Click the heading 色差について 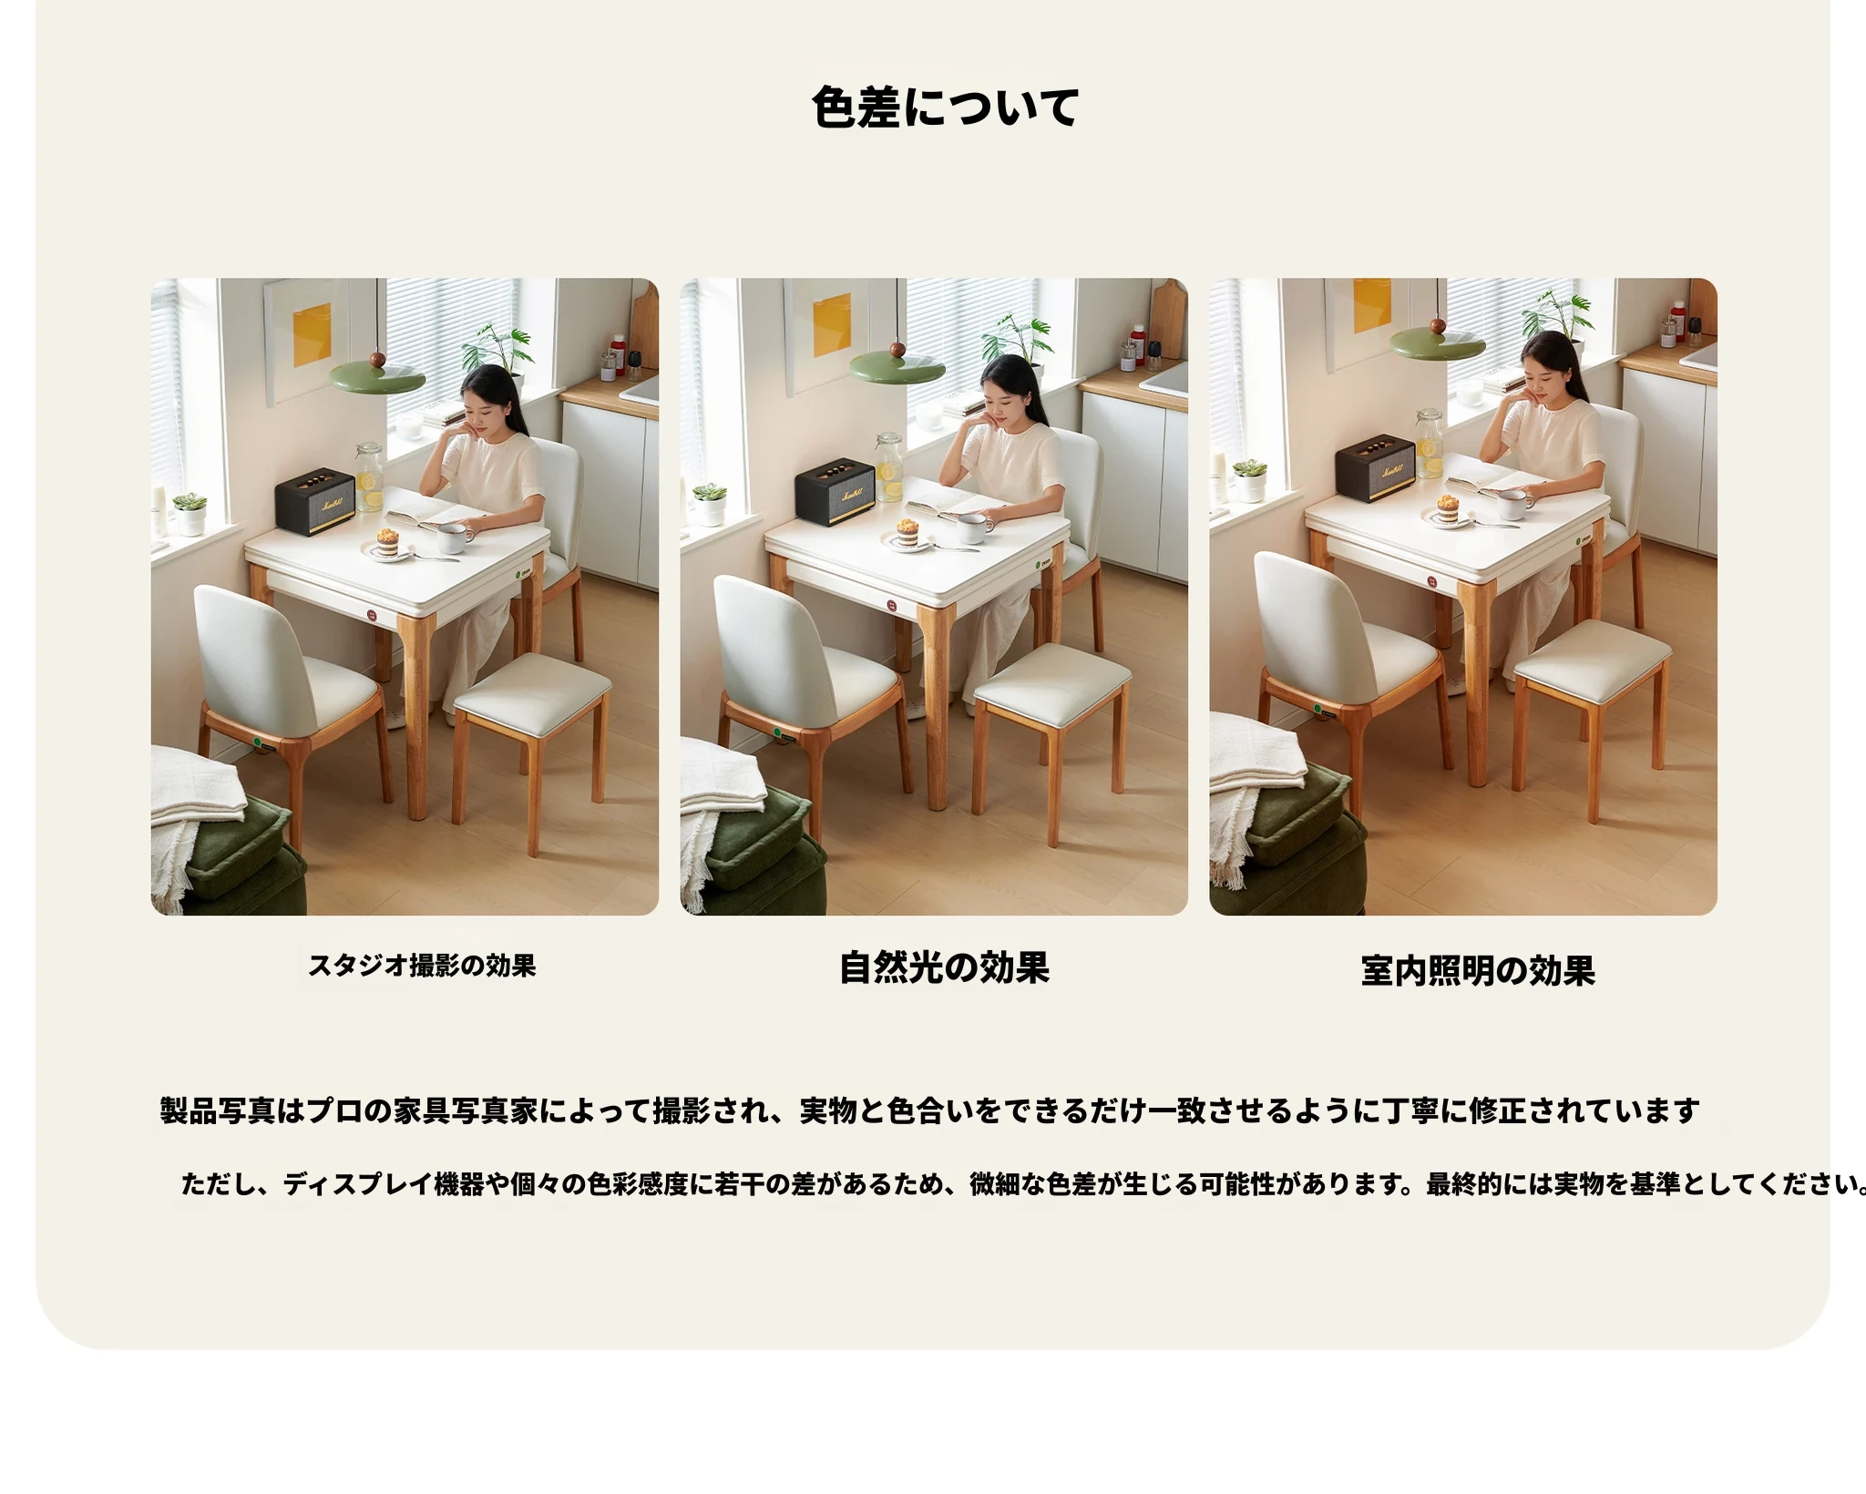tap(945, 107)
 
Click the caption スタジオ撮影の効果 tap(422, 966)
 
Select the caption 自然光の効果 tap(944, 967)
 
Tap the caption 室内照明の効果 tap(1478, 971)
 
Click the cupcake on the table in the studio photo tap(390, 541)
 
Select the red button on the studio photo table tap(373, 617)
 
